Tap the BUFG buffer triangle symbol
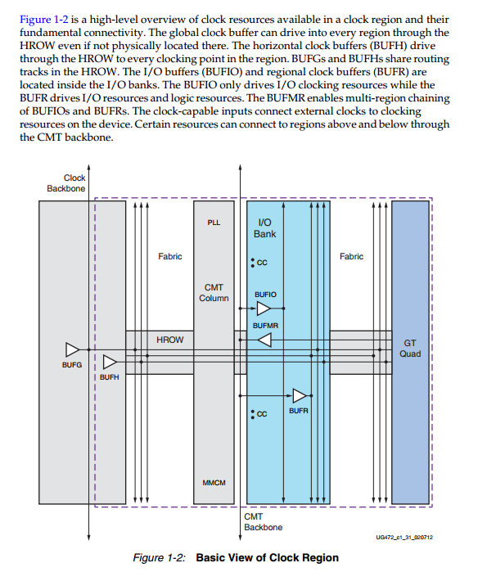click(72, 349)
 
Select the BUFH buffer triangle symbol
click(109, 362)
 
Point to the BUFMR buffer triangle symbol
click(264, 340)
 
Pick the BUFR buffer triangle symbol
click(299, 395)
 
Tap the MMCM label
click(214, 482)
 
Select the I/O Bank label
click(265, 227)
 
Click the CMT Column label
click(214, 292)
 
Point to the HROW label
click(169, 339)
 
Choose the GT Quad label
click(410, 349)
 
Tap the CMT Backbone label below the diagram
click(263, 521)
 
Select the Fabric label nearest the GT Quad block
click(351, 256)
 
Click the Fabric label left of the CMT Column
click(169, 256)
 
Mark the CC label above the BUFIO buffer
click(261, 263)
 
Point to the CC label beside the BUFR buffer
click(261, 414)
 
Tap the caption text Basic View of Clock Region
click(267, 558)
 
